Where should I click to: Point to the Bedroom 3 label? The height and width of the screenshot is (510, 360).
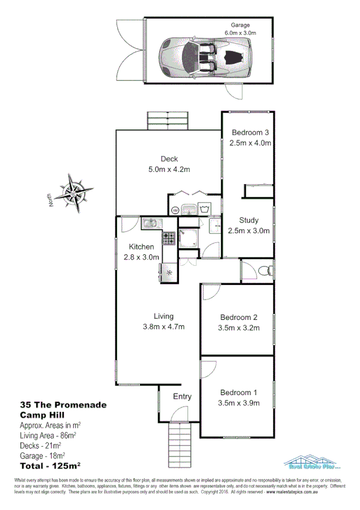pos(249,133)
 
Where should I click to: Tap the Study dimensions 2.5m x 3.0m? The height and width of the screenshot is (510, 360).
pos(249,230)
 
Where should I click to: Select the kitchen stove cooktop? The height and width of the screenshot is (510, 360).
pos(169,238)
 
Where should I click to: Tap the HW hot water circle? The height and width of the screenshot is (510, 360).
pos(175,210)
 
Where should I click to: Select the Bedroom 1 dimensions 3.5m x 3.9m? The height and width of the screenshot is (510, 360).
pos(239,402)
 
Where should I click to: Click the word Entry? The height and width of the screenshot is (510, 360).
pos(182,396)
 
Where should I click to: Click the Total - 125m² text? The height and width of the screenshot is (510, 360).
pos(50,465)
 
